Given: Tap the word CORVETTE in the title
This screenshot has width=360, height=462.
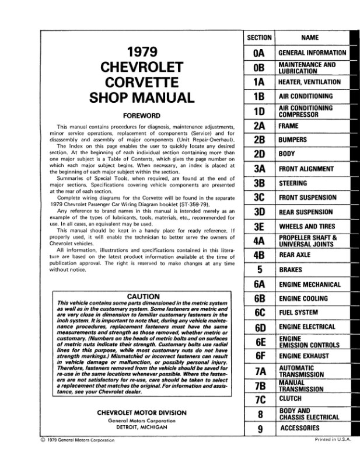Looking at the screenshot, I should (141, 82).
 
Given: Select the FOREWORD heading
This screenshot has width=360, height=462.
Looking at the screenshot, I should (142, 115).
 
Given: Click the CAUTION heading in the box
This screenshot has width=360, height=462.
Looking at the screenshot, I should (143, 296).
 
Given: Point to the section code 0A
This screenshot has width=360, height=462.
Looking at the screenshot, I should (260, 53).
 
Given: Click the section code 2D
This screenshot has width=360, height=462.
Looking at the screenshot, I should (260, 155).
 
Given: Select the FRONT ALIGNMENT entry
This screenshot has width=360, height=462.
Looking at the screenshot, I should (306, 169).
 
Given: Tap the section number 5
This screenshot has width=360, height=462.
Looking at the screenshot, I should (260, 270).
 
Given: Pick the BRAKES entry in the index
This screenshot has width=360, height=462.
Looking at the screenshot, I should (291, 270).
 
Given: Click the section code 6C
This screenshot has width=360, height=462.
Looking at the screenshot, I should (260, 313).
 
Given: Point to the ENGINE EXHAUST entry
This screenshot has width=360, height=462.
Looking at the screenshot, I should (303, 356).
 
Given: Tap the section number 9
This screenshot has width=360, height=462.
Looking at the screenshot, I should (260, 429).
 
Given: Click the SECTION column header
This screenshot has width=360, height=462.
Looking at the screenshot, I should (260, 38).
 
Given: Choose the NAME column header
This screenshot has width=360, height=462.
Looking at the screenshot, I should (310, 38).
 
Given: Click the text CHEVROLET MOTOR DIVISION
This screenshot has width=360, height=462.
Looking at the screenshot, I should (142, 412).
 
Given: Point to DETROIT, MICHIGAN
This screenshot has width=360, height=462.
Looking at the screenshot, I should (142, 427).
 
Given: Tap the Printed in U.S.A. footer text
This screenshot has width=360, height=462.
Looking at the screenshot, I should (333, 439).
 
